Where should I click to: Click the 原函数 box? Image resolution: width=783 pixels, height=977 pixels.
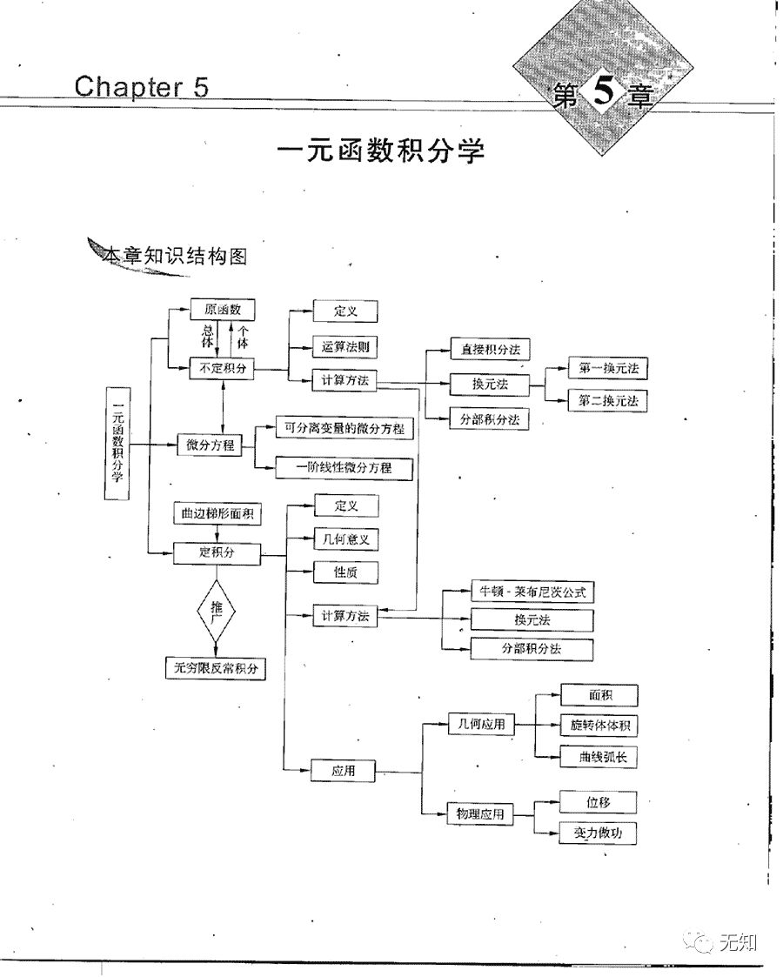[x=222, y=309]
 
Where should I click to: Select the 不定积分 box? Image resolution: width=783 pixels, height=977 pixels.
[x=222, y=368]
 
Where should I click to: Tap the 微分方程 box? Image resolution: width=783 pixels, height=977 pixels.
[x=210, y=445]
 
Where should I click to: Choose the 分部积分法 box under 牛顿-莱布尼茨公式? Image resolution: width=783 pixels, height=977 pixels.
[x=532, y=649]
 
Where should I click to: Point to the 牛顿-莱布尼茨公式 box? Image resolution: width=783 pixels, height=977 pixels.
[x=532, y=592]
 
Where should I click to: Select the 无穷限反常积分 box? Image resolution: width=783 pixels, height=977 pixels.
[x=216, y=668]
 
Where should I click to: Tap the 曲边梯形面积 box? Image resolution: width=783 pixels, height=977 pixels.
[x=216, y=514]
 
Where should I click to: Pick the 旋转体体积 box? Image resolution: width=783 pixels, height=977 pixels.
[x=599, y=726]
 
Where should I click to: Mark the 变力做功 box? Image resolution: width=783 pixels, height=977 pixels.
[x=599, y=833]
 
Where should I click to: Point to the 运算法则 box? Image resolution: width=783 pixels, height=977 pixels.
[x=345, y=345]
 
